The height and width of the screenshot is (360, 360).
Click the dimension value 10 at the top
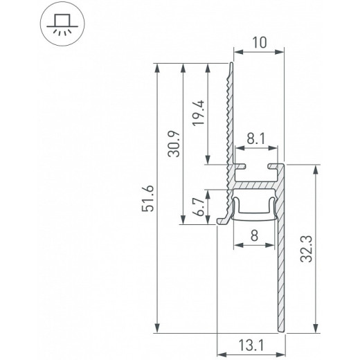click(x=260, y=42)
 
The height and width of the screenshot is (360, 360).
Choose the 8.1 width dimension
click(x=256, y=139)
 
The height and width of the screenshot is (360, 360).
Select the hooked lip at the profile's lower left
click(x=223, y=219)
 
